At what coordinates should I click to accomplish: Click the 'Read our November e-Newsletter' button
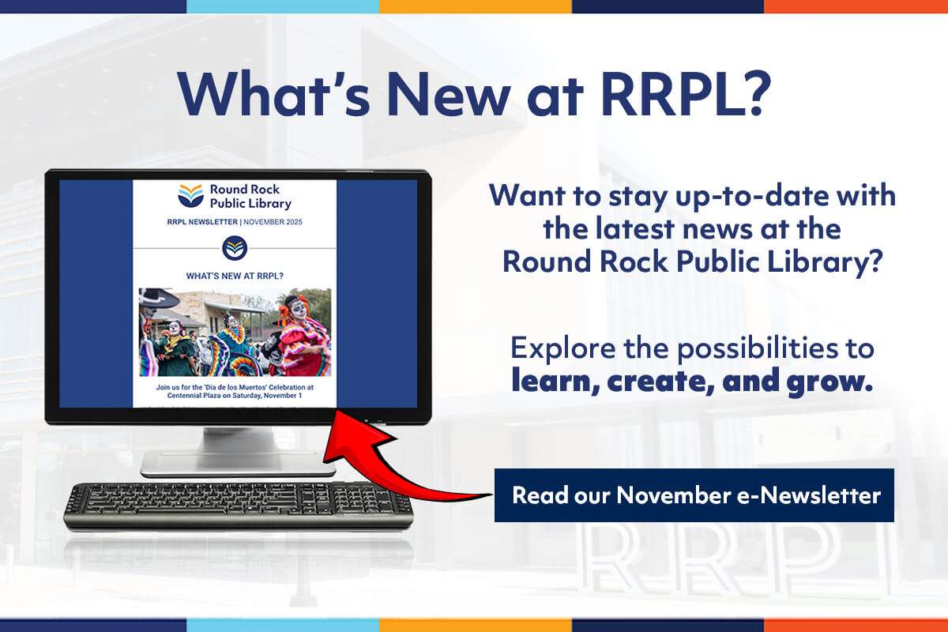tap(694, 495)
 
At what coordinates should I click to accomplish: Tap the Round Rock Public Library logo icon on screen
tap(190, 196)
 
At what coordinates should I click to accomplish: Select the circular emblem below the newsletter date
tap(235, 248)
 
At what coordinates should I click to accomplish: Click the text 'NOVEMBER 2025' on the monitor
tap(273, 222)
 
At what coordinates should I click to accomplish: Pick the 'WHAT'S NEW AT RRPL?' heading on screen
tap(235, 276)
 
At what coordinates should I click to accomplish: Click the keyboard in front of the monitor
tap(239, 506)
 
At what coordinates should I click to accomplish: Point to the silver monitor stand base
tap(238, 464)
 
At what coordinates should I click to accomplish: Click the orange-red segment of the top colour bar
tap(856, 6)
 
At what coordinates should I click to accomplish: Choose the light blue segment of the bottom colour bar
tap(283, 625)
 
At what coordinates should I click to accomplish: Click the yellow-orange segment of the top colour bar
tap(476, 6)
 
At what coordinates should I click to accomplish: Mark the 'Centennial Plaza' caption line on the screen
tap(235, 395)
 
